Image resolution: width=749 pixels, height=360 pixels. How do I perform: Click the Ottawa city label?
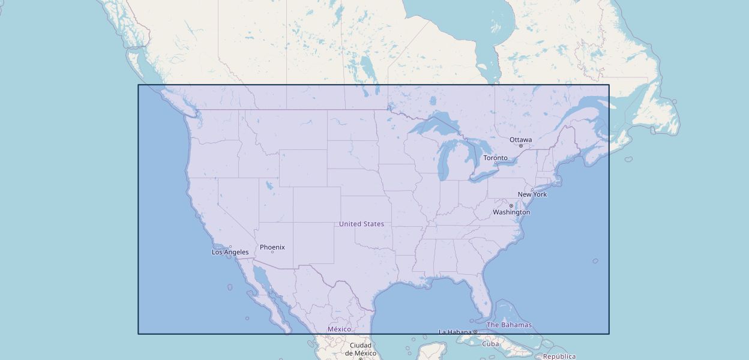[x=520, y=140]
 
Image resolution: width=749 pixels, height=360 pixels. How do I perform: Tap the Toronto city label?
[x=495, y=158]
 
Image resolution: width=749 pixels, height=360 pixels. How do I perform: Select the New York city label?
[x=532, y=194]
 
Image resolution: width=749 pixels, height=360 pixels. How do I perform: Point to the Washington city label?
[x=511, y=212]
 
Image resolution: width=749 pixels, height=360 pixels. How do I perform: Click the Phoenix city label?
[x=272, y=247]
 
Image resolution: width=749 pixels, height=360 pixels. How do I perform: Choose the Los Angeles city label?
[x=230, y=252]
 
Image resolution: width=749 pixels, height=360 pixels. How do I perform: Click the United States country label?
[x=361, y=224]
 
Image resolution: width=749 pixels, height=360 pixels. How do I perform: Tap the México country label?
[x=339, y=329]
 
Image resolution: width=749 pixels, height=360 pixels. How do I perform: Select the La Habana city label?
[x=455, y=332]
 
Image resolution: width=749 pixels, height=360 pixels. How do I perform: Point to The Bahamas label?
[x=509, y=325]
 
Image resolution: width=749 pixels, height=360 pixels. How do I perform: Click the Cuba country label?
[x=490, y=344]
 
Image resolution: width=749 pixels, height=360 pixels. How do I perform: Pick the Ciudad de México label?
[x=361, y=349]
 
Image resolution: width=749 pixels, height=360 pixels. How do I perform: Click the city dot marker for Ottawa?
[x=520, y=146]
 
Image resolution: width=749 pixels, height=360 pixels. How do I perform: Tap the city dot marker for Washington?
[x=511, y=206]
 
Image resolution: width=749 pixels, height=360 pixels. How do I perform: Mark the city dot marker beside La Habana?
[x=475, y=332]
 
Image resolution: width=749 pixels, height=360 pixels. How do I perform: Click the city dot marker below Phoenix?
[x=272, y=252]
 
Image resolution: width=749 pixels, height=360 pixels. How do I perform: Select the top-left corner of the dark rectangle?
[x=139, y=85]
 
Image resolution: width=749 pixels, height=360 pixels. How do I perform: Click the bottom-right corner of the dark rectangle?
[x=609, y=334]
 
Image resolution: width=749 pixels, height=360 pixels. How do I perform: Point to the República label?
[x=559, y=356]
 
